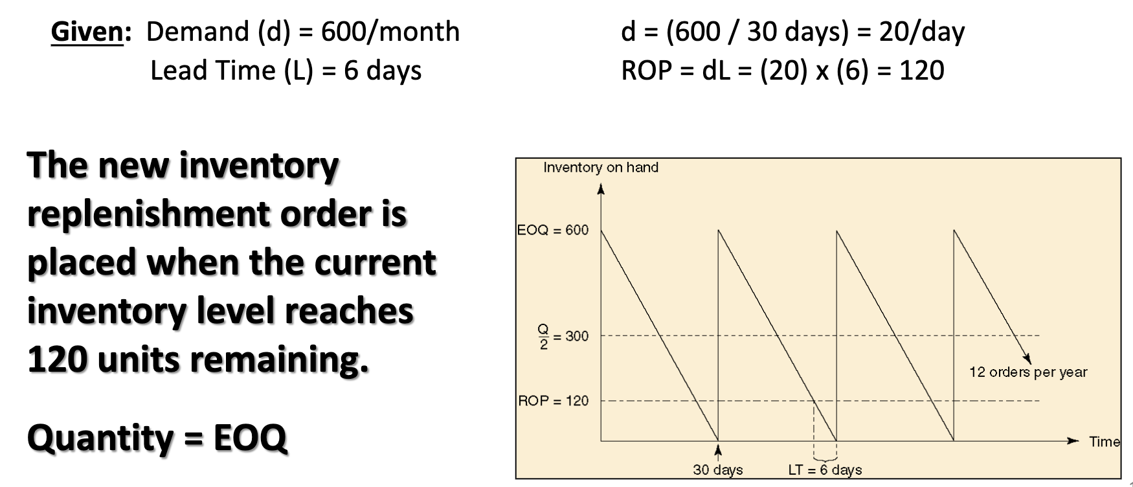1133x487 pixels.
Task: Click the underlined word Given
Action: pyautogui.click(x=87, y=32)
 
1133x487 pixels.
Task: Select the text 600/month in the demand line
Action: pyautogui.click(x=390, y=32)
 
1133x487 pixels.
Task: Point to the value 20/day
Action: pyautogui.click(x=921, y=32)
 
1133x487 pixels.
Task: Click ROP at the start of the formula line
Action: pyautogui.click(x=644, y=71)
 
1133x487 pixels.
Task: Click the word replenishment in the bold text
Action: pyautogui.click(x=147, y=214)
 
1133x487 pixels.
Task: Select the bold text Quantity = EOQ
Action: pyautogui.click(x=157, y=438)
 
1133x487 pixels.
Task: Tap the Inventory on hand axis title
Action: pyautogui.click(x=600, y=168)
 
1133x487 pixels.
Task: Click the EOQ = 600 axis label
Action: pyautogui.click(x=553, y=230)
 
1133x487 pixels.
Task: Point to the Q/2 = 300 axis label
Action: pyautogui.click(x=563, y=337)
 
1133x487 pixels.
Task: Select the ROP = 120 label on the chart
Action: pyautogui.click(x=553, y=401)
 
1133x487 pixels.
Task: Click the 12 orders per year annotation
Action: pyautogui.click(x=1027, y=372)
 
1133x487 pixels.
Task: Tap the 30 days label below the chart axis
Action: pyautogui.click(x=717, y=470)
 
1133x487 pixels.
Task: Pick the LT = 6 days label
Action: pyautogui.click(x=824, y=470)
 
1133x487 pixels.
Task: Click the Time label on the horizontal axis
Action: pyautogui.click(x=1104, y=442)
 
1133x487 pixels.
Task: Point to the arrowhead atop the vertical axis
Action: pyautogui.click(x=601, y=189)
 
